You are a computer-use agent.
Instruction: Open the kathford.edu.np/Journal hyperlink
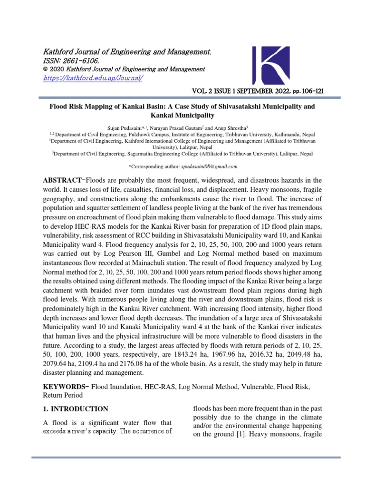tap(93, 78)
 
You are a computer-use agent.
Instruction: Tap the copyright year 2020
tap(58, 69)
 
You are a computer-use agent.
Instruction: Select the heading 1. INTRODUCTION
tap(76, 409)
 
